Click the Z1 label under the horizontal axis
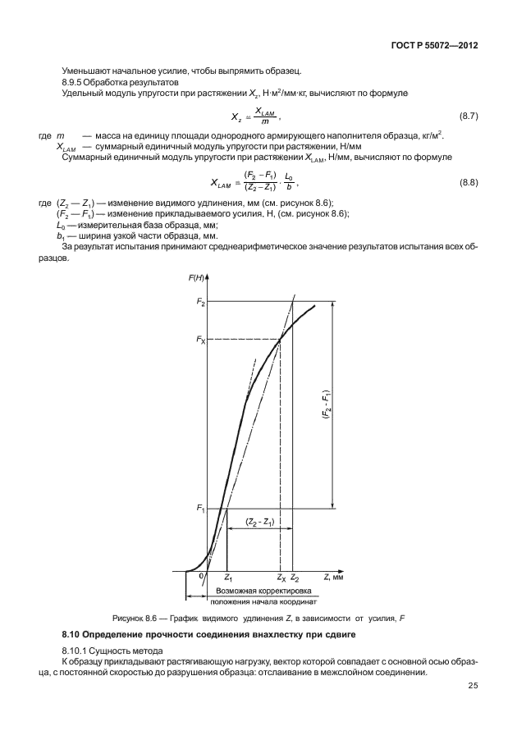click(x=229, y=578)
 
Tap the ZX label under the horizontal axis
click(x=281, y=578)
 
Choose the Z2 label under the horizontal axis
click(x=295, y=578)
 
